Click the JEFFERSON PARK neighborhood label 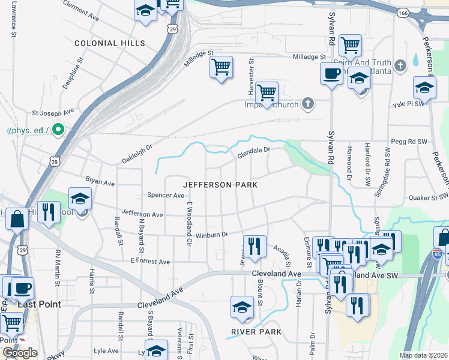point(220,185)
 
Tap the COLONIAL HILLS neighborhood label point(110,43)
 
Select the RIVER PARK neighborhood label point(256,332)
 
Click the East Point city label point(39,304)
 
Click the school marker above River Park point(242,307)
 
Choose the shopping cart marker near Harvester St point(266,93)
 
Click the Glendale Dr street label point(254,154)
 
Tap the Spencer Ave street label point(166,196)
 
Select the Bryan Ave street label point(100,181)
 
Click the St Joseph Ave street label point(53,112)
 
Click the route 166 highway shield point(403,12)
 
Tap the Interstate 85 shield point(437,254)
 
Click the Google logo point(20,353)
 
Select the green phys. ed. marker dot point(59,130)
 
